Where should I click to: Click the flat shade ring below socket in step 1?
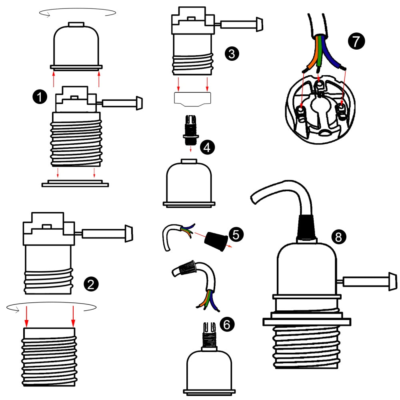click(75, 184)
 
